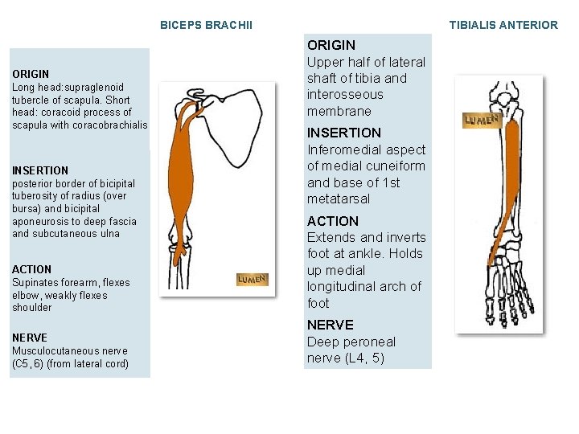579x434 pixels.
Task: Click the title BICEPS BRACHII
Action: coord(206,25)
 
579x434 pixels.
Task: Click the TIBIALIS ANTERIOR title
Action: coord(503,25)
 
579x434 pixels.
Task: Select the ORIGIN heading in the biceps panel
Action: coord(31,74)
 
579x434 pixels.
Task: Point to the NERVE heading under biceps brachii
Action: coord(30,338)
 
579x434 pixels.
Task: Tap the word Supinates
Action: coord(35,282)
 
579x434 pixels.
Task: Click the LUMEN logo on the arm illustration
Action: coord(252,279)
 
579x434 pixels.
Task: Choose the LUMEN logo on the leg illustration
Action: coord(482,121)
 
